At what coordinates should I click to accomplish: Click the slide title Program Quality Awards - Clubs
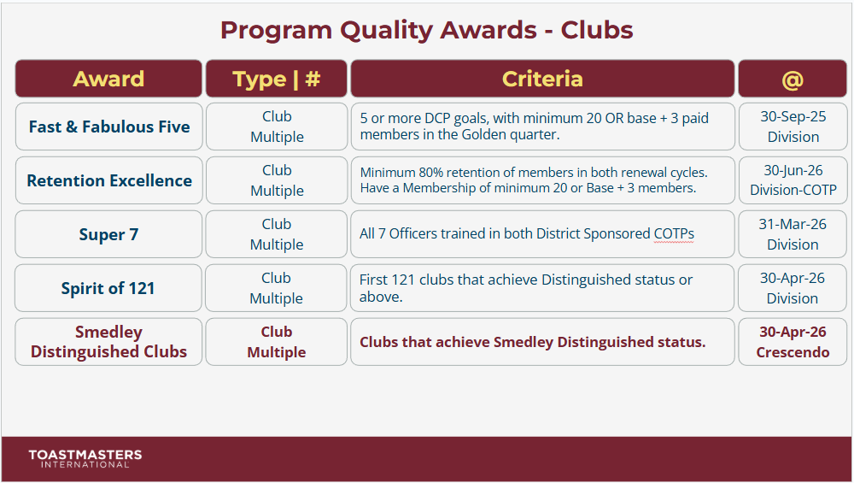point(426,30)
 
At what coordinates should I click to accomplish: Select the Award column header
point(108,79)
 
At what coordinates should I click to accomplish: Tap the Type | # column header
point(276,79)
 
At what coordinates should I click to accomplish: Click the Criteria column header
point(542,79)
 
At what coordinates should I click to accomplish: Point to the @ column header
point(792,79)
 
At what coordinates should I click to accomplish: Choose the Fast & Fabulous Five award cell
point(108,127)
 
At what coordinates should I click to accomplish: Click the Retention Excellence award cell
point(108,180)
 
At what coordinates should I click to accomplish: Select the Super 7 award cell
point(108,234)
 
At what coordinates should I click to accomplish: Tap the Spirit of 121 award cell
point(108,288)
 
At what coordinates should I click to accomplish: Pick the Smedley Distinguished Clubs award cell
point(108,342)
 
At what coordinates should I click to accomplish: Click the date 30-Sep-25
point(793,117)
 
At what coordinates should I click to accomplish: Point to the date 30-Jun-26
point(793,171)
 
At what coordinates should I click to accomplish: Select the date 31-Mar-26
point(793,225)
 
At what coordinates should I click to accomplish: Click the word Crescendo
point(793,352)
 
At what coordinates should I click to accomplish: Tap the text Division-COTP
point(793,191)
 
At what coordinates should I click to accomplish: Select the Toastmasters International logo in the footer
point(85,459)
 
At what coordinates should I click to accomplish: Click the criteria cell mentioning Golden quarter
point(542,127)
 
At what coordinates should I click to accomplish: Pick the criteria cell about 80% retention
point(542,180)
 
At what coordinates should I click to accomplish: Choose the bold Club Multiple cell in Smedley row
point(276,342)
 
